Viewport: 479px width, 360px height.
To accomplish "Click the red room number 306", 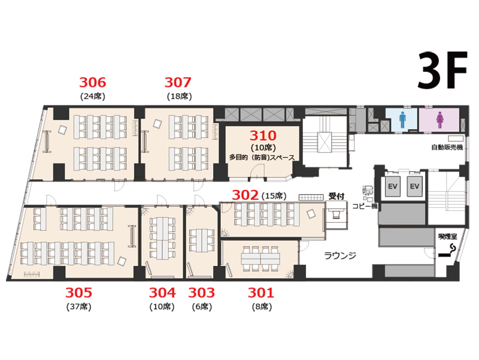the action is point(93,82).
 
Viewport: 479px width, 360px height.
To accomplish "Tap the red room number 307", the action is point(178,82).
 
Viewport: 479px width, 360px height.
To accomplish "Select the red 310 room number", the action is point(263,135).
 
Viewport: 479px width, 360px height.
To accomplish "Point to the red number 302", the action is point(245,195).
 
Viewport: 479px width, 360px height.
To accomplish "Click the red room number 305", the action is point(78,292).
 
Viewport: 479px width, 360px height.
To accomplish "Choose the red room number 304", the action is point(162,292).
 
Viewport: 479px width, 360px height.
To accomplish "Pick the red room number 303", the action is point(201,292).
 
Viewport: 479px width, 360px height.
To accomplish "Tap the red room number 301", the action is point(261,292).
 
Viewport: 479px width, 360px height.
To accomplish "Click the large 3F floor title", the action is point(442,70).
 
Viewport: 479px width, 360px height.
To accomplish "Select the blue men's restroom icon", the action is point(402,119).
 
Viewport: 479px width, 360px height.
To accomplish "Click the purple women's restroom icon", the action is point(440,120).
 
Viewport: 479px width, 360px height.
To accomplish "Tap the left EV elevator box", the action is point(393,186).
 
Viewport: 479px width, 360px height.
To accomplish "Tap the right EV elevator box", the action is point(414,186).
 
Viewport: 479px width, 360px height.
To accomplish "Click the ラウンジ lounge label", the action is point(339,255).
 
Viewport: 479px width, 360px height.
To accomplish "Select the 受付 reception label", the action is point(336,196).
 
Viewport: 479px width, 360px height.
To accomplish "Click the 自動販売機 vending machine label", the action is point(447,147).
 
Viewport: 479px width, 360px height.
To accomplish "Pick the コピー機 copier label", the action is point(365,206).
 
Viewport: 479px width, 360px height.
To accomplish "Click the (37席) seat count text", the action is point(79,307).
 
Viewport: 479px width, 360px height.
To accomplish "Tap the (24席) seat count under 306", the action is point(93,96).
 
